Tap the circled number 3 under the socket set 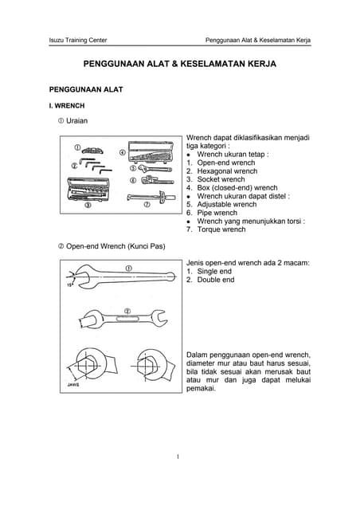pos(88,205)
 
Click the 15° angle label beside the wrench pos(72,283)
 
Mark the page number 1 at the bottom pos(179,457)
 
